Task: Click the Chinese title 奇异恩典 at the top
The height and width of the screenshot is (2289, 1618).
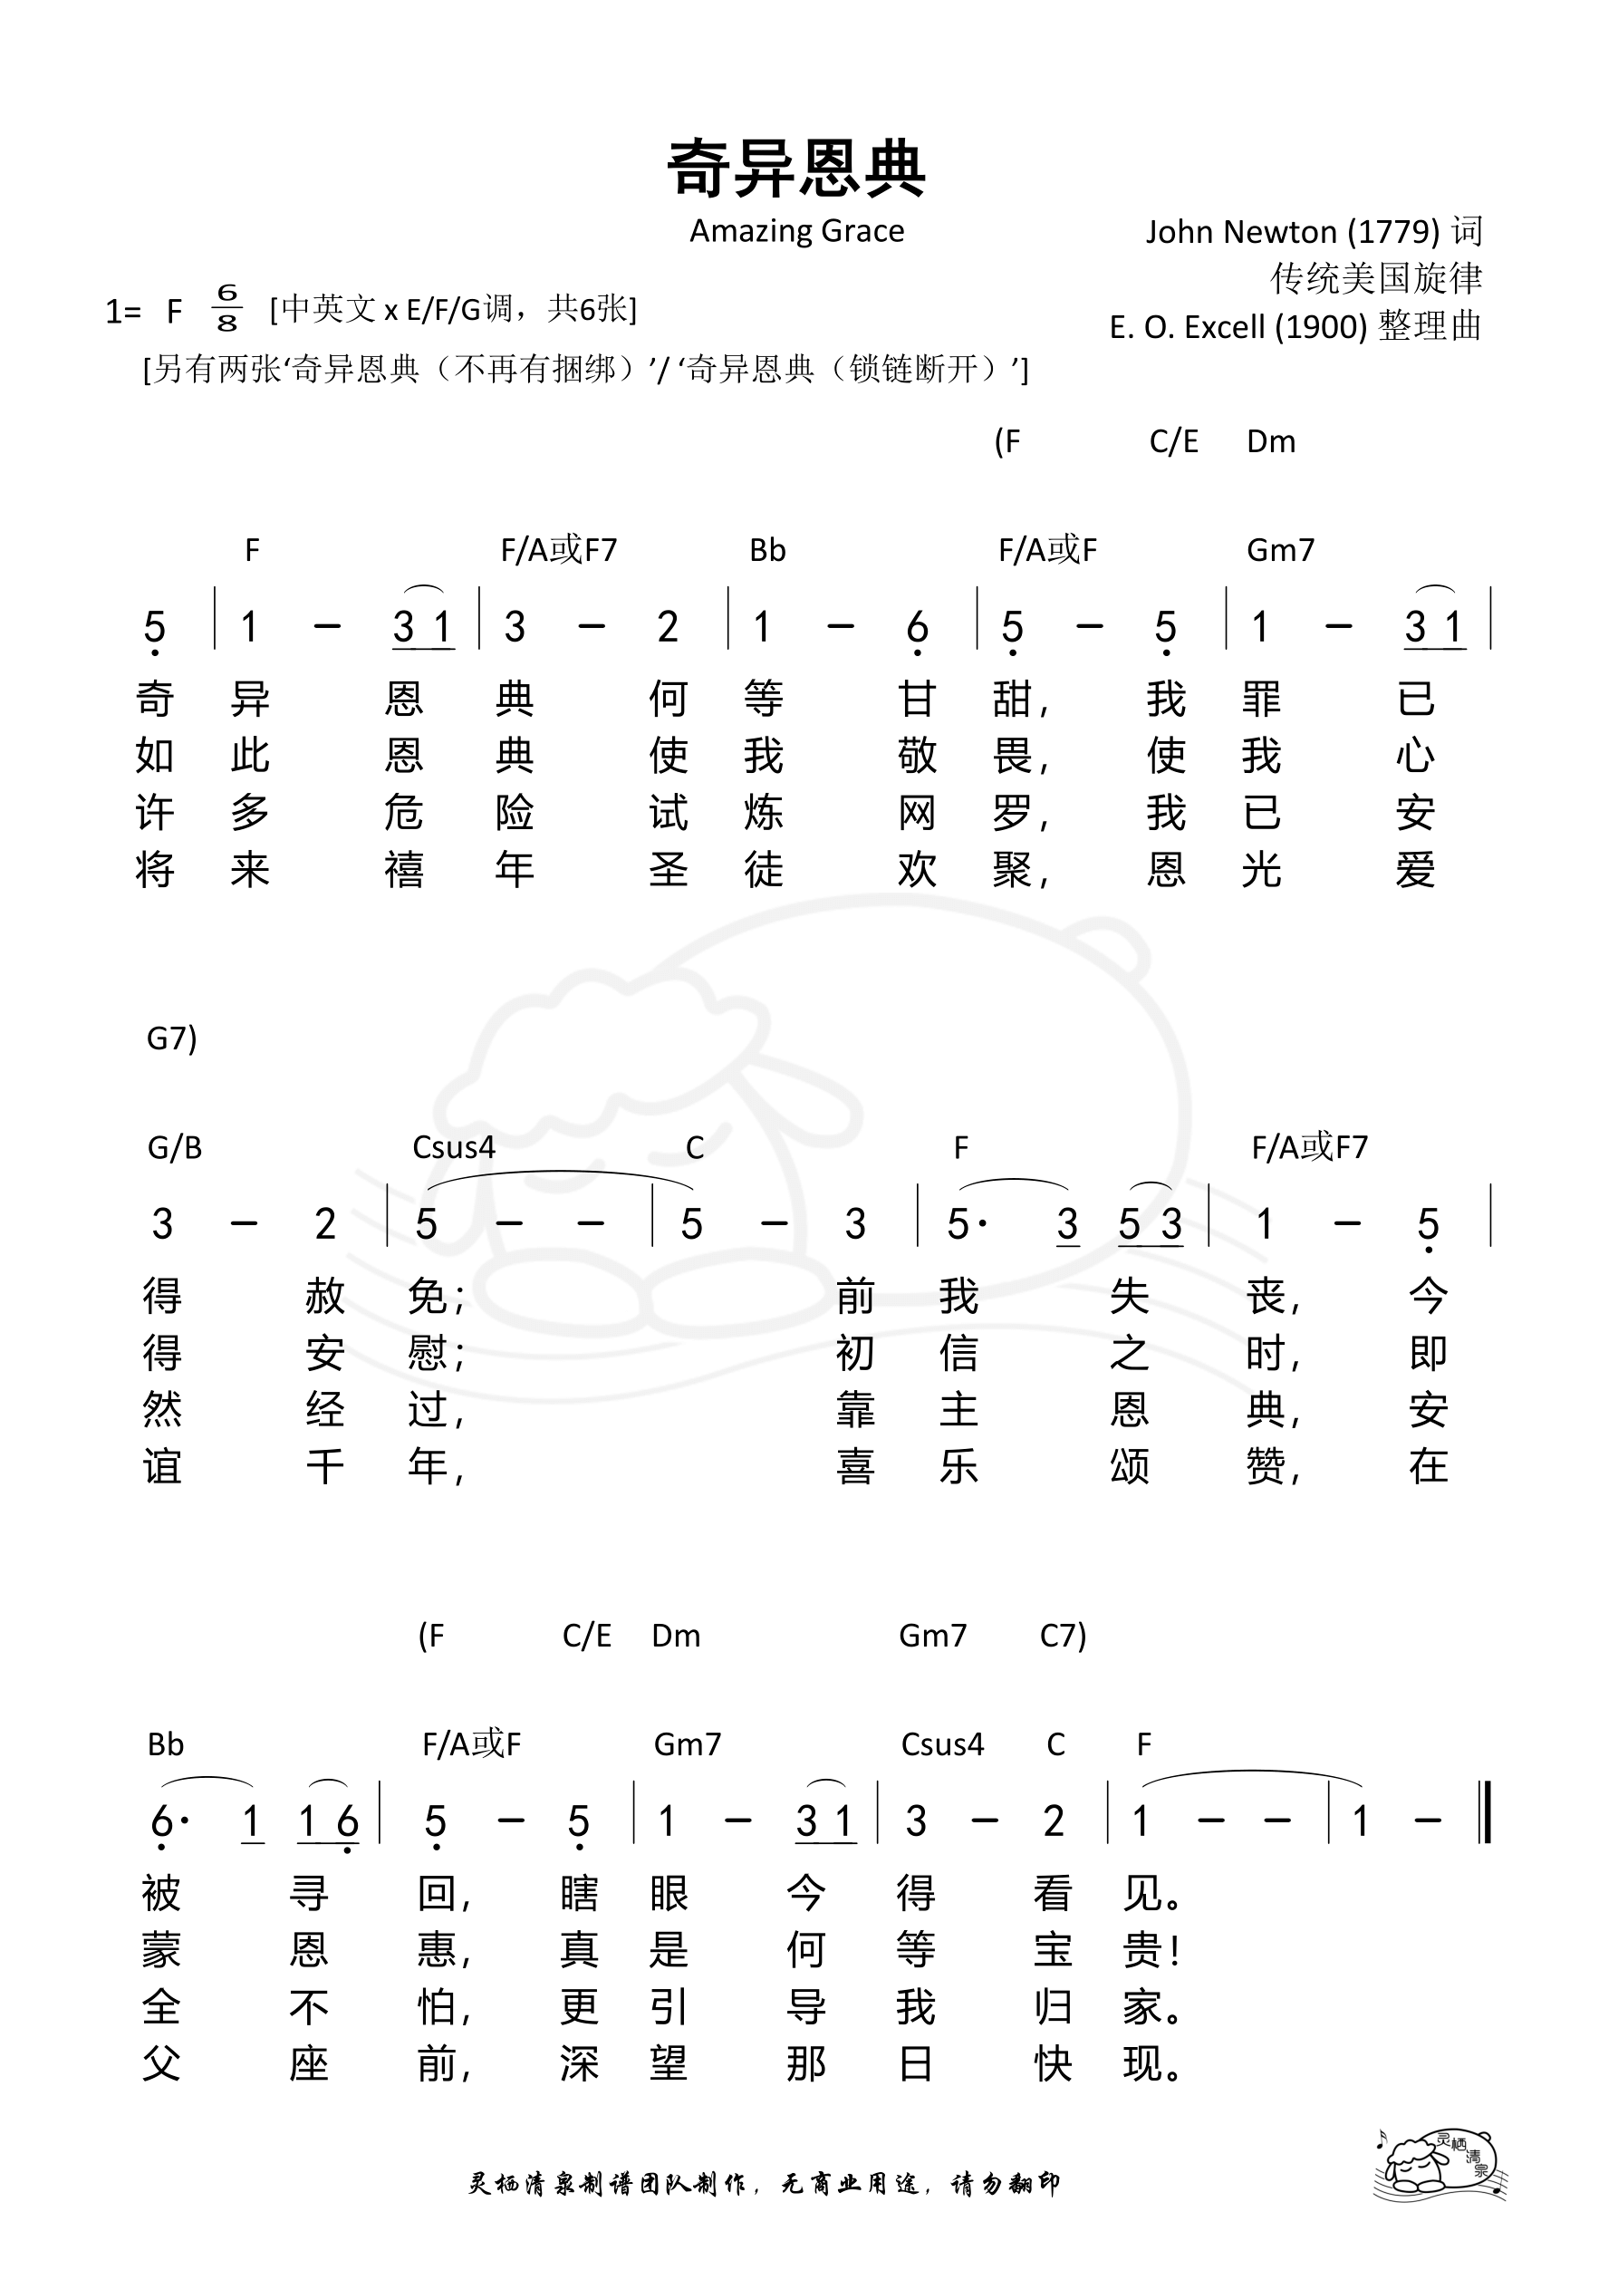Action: (x=796, y=169)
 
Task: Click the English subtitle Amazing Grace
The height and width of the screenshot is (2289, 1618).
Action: (x=796, y=231)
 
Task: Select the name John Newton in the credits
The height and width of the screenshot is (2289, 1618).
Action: (x=1240, y=232)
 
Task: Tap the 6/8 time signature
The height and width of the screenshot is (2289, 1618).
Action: (x=227, y=308)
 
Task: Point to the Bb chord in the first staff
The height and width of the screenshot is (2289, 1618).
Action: (x=767, y=550)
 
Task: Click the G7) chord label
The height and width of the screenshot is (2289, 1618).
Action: (x=171, y=1038)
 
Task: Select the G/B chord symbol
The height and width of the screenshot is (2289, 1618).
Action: (x=175, y=1148)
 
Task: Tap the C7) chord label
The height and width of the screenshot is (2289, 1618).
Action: (x=1063, y=1636)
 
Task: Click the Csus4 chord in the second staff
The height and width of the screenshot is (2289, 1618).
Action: (x=454, y=1148)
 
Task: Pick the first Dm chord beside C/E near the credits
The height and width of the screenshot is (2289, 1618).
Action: (x=1271, y=441)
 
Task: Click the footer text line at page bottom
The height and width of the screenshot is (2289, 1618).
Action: (x=764, y=2184)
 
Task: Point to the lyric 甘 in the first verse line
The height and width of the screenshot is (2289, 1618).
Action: (x=916, y=700)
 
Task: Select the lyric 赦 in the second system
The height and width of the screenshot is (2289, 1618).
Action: (x=325, y=1297)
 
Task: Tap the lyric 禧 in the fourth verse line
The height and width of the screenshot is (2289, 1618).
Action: (x=404, y=870)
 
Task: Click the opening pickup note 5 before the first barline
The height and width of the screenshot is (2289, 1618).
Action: (x=155, y=628)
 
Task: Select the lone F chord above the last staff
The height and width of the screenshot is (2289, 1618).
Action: (x=1143, y=1744)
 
